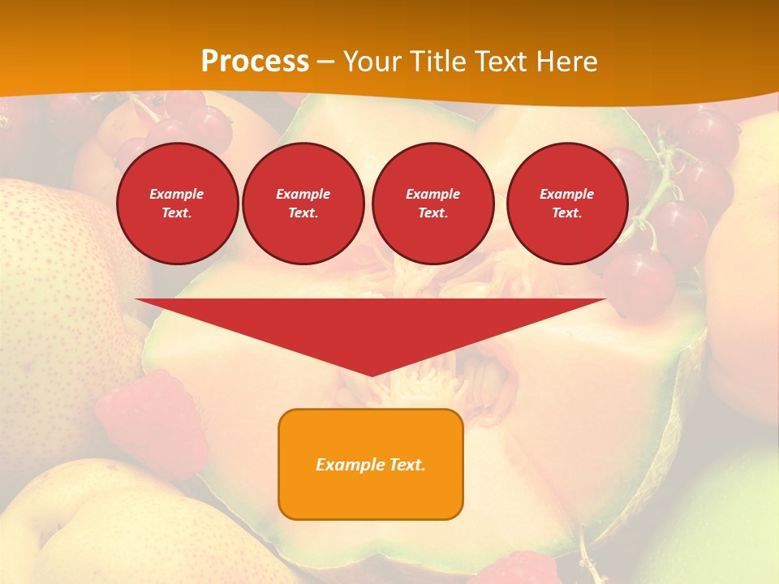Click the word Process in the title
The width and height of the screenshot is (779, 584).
click(255, 61)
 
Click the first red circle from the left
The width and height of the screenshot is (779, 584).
click(178, 204)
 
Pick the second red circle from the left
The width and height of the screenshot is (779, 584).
click(303, 204)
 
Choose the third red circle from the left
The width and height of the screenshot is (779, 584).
click(433, 204)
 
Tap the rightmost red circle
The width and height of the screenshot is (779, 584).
click(567, 204)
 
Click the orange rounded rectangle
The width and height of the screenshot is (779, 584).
click(371, 464)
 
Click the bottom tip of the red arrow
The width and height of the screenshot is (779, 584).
click(371, 375)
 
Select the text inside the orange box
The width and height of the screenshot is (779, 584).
click(371, 465)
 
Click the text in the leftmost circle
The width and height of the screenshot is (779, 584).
click(177, 204)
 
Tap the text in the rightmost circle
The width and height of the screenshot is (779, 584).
click(567, 204)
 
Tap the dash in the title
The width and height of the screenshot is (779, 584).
click(325, 62)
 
